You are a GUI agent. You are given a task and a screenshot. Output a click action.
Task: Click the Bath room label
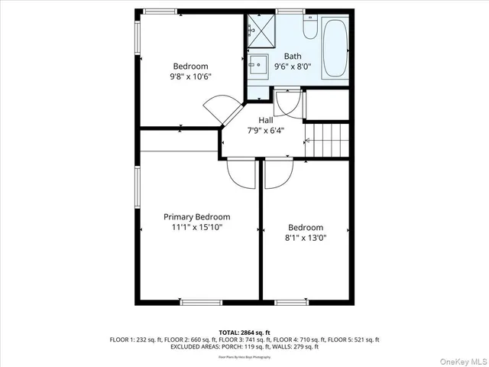click(x=293, y=56)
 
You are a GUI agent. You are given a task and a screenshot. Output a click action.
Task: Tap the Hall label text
click(x=265, y=120)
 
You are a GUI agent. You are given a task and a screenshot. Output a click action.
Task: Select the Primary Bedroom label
click(x=196, y=216)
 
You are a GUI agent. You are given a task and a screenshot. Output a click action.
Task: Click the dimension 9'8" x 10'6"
click(x=190, y=76)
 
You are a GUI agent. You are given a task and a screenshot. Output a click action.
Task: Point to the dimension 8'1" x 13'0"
click(x=305, y=238)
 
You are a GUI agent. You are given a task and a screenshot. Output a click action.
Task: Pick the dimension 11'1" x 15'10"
click(x=196, y=227)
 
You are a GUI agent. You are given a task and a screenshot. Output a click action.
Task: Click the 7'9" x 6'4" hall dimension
click(x=265, y=131)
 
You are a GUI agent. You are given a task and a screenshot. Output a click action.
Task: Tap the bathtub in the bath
click(x=335, y=49)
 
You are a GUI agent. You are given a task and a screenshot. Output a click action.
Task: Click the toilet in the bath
click(x=310, y=28)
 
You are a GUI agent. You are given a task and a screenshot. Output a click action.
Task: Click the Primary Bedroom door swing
click(x=241, y=174)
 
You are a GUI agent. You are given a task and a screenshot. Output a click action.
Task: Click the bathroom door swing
click(x=289, y=102)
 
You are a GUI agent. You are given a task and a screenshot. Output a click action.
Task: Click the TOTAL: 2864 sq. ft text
click(x=244, y=333)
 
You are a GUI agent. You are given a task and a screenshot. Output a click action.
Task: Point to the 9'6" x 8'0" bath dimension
click(x=293, y=67)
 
